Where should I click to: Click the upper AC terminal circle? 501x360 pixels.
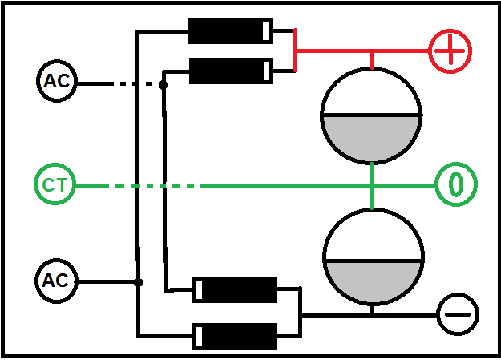(x=55, y=81)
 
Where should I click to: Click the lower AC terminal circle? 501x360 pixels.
(x=55, y=281)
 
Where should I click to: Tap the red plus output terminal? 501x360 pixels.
(x=450, y=51)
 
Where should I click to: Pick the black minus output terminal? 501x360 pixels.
(x=458, y=313)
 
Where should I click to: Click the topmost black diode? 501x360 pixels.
(x=228, y=31)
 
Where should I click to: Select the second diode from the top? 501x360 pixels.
(x=228, y=71)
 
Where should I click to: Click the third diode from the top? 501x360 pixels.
(x=236, y=289)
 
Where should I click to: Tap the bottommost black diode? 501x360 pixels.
(x=236, y=335)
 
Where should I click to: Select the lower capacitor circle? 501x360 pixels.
(x=373, y=259)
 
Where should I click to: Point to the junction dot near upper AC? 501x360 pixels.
(x=163, y=83)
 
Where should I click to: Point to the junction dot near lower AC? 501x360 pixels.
(x=139, y=282)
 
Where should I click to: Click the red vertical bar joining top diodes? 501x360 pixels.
(x=296, y=50)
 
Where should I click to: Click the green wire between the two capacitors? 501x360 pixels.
(x=372, y=185)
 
